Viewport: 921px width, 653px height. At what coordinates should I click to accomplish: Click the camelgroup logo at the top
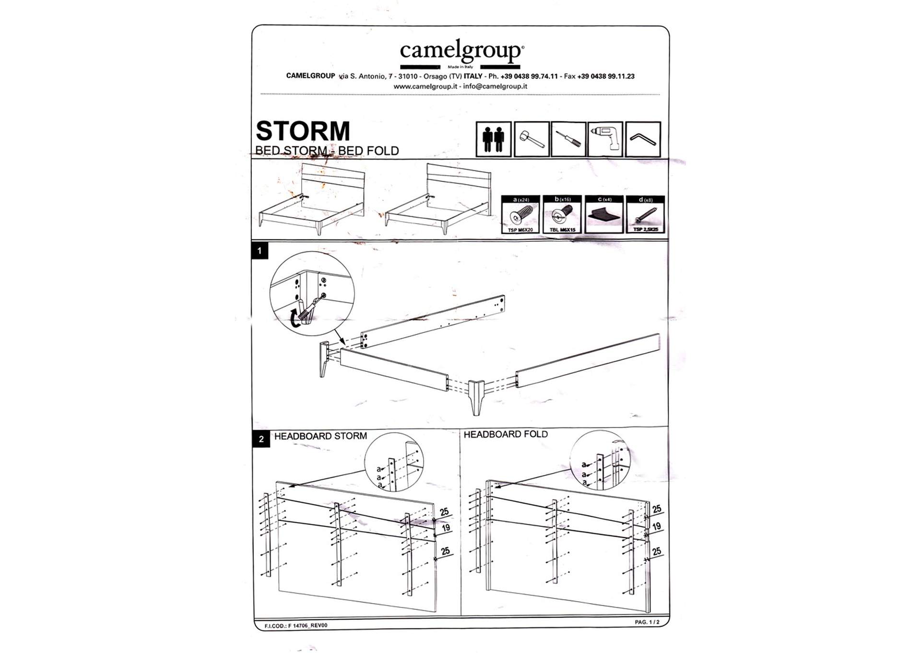click(x=461, y=52)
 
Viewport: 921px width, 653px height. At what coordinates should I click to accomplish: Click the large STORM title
click(x=303, y=131)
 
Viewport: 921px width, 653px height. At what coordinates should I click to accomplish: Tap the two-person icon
click(x=493, y=139)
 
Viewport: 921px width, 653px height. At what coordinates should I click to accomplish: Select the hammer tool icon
click(x=531, y=139)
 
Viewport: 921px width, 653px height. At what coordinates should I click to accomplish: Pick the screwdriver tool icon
click(x=568, y=139)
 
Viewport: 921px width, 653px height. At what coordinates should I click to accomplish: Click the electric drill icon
click(x=605, y=139)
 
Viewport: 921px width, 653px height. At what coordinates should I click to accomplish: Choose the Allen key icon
click(x=643, y=139)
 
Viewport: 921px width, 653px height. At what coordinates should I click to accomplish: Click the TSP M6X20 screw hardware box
click(x=520, y=214)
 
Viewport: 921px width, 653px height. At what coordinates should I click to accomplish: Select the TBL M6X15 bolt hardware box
click(x=562, y=214)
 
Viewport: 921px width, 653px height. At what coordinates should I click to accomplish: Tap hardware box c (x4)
click(x=604, y=214)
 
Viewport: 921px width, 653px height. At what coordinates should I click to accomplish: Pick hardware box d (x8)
click(x=645, y=214)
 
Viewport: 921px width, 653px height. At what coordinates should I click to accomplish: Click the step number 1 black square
click(x=260, y=251)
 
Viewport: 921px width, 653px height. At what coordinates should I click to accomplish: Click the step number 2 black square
click(x=261, y=439)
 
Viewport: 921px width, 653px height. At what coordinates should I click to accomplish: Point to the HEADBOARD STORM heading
click(x=320, y=436)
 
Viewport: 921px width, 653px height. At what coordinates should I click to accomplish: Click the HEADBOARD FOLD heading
click(x=505, y=434)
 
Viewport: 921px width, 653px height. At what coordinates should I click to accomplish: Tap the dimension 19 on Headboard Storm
click(x=446, y=528)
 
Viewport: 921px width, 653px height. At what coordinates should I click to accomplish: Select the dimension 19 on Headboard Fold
click(x=656, y=526)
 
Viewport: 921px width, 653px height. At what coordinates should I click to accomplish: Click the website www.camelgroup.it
click(x=425, y=86)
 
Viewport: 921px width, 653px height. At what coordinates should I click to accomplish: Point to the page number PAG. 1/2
click(x=647, y=622)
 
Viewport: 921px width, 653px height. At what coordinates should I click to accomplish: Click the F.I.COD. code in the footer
click(x=295, y=626)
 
